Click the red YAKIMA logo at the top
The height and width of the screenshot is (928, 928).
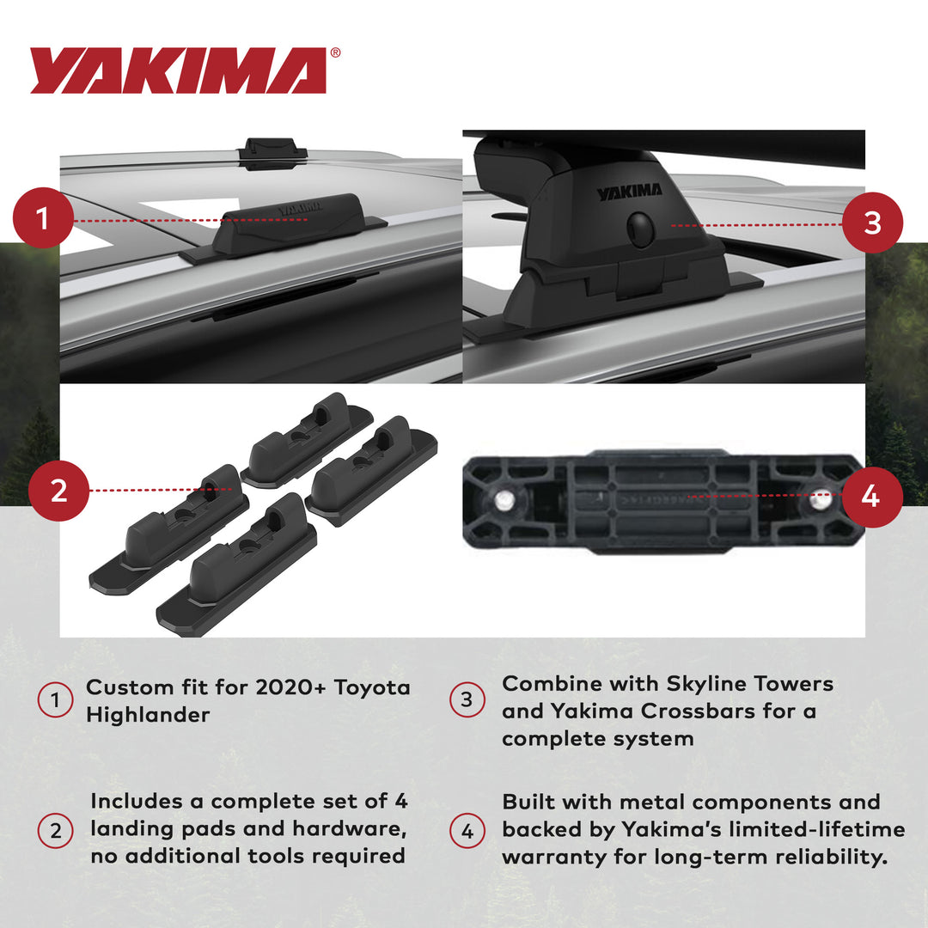tap(179, 70)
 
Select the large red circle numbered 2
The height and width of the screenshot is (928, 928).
tap(58, 490)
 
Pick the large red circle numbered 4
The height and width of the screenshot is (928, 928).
tap(870, 496)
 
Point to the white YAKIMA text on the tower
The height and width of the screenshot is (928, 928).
tap(630, 192)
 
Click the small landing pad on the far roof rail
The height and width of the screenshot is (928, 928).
tap(272, 150)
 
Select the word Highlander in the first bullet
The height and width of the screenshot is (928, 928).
tap(148, 715)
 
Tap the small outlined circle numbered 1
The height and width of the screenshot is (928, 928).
tap(55, 701)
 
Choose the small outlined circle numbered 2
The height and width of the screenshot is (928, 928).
tap(55, 830)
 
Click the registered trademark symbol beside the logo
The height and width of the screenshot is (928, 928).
tap(335, 53)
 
